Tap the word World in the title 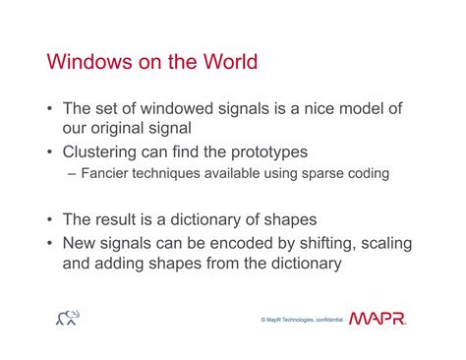[230, 61]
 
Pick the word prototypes [269, 152]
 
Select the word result [115, 219]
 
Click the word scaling [386, 244]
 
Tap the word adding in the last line [119, 264]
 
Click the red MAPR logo [378, 318]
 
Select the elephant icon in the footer [68, 318]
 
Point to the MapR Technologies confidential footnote [302, 320]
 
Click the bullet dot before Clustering [49, 152]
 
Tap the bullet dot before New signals [49, 243]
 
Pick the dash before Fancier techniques [72, 174]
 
